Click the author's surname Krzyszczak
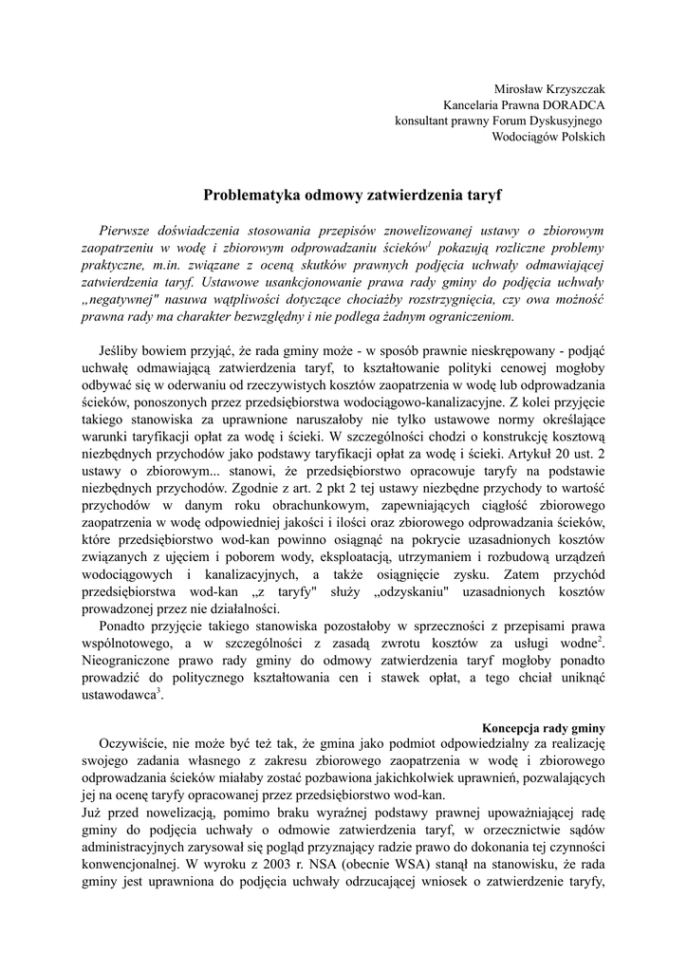coord(571,87)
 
